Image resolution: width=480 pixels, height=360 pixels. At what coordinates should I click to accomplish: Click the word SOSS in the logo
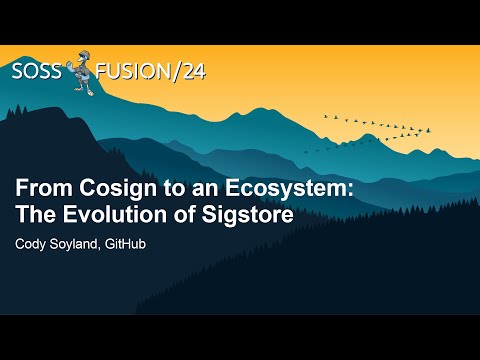pyautogui.click(x=37, y=71)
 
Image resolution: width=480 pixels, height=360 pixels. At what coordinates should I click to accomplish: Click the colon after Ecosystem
pyautogui.click(x=333, y=191)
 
